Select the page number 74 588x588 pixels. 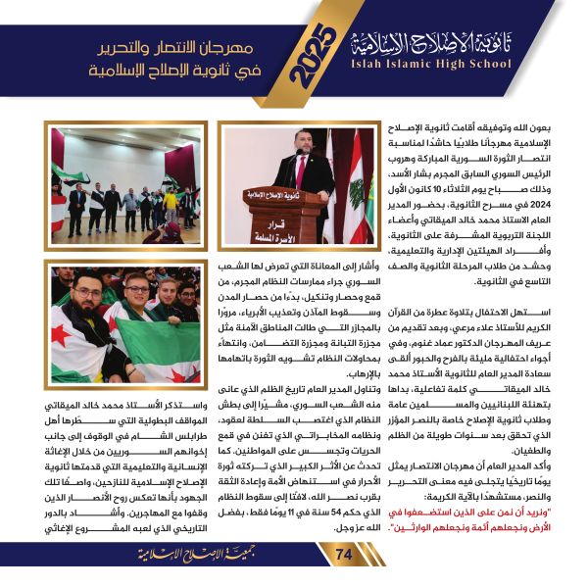pyautogui.click(x=343, y=556)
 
